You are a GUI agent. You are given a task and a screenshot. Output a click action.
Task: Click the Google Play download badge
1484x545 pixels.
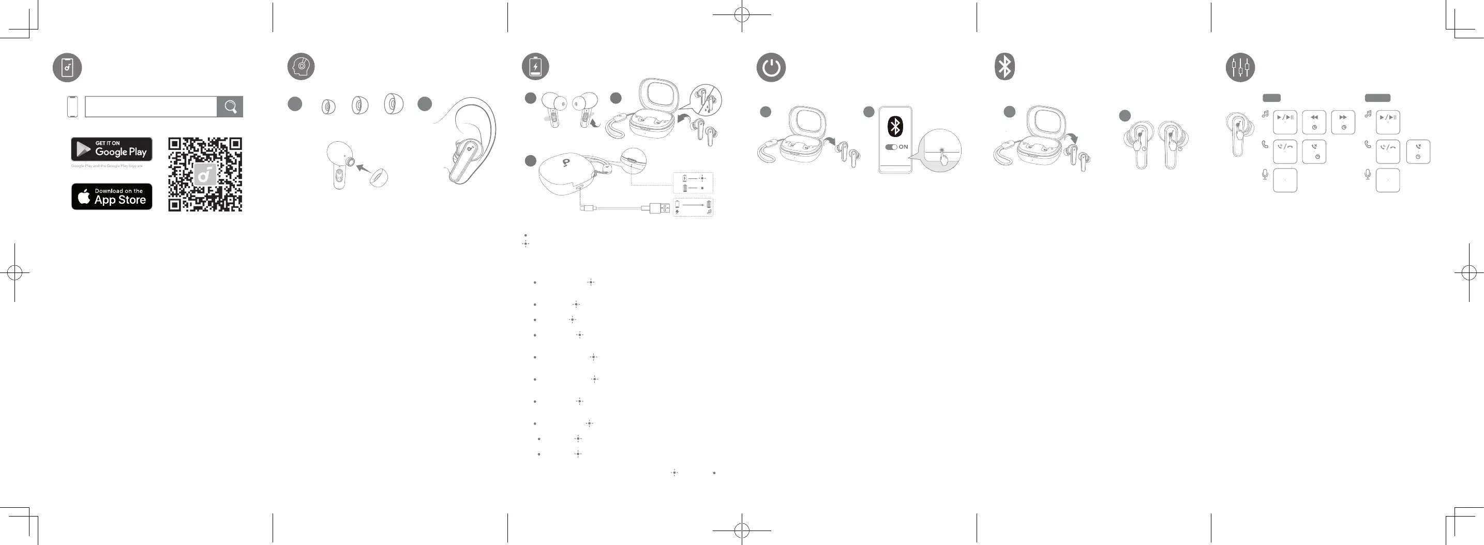(x=112, y=149)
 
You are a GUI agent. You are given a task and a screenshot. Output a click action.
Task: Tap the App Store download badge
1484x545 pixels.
(x=112, y=196)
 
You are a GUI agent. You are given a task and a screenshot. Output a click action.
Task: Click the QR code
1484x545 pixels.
(x=205, y=175)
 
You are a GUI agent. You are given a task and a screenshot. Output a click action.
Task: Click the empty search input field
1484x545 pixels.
(x=151, y=107)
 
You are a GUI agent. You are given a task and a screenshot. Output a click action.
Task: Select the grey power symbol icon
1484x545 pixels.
(x=771, y=67)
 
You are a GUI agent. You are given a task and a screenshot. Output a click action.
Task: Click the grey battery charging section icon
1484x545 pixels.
(x=535, y=67)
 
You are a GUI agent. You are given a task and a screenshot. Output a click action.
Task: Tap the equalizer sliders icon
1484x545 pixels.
(x=1240, y=67)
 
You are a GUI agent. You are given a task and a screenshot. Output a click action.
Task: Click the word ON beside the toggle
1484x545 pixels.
(x=903, y=147)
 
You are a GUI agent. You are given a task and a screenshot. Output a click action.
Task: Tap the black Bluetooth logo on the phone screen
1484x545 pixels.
(x=895, y=126)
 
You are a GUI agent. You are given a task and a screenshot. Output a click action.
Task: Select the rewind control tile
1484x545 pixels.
(x=1314, y=122)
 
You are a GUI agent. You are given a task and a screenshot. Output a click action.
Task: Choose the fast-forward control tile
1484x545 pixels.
(x=1343, y=122)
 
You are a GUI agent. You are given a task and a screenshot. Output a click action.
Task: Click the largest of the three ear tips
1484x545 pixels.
(x=394, y=104)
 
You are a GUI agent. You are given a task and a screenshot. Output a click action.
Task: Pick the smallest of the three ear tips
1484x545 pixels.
(x=328, y=107)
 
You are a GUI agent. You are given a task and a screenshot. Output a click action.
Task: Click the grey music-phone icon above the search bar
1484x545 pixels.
(x=67, y=67)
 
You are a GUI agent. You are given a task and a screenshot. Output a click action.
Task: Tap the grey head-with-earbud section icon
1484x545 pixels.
(x=301, y=67)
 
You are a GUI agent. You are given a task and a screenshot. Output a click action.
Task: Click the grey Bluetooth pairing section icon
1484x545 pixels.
(x=1005, y=67)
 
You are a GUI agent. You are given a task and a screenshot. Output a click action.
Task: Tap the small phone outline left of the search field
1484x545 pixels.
(x=72, y=107)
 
